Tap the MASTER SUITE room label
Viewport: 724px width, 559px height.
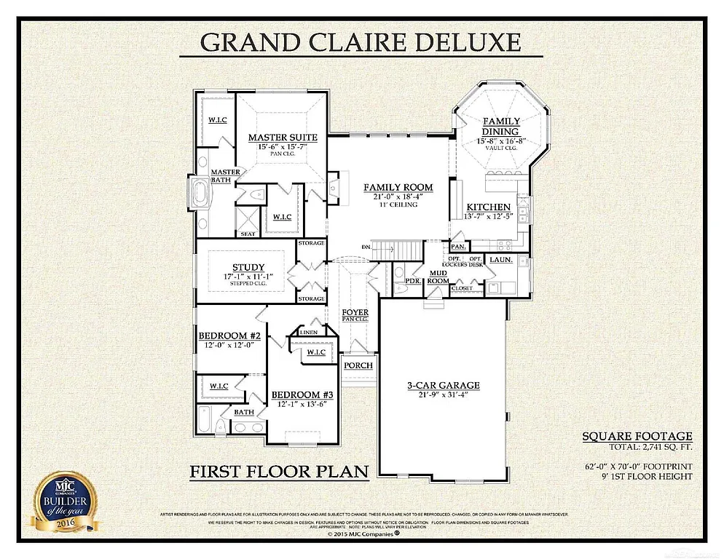[x=283, y=138]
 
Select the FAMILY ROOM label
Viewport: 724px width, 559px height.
[x=398, y=188]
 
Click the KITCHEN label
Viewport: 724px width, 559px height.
[x=489, y=207]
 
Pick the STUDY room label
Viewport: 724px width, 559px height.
[x=248, y=267]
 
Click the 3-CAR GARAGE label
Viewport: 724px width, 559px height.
[x=443, y=385]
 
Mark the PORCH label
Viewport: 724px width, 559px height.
[x=358, y=365]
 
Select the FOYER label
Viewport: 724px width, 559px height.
[x=355, y=312]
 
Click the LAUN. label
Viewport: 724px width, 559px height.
[x=500, y=259]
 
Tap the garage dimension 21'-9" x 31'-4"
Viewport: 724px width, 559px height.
[x=443, y=395]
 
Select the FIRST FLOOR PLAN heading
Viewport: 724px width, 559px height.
[x=279, y=472]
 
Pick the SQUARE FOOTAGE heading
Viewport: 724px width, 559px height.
[x=636, y=437]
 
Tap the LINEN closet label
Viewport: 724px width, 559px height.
[x=308, y=333]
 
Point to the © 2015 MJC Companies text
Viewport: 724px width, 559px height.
[x=362, y=534]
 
